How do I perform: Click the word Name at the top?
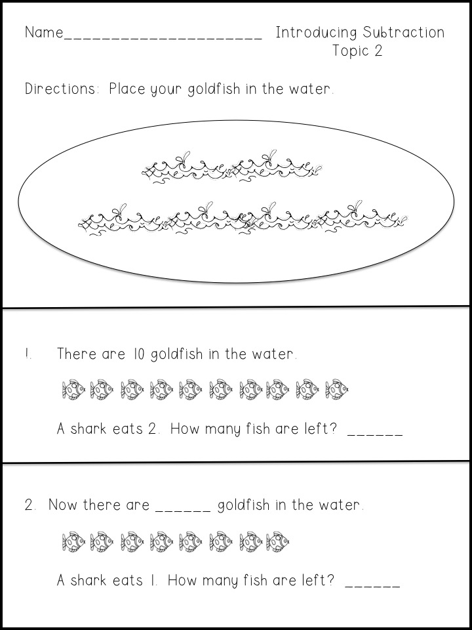44,32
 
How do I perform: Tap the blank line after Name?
163,39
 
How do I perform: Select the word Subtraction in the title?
404,32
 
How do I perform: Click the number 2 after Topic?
378,51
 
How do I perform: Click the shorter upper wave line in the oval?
232,168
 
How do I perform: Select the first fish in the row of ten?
73,390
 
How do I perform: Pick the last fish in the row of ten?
336,390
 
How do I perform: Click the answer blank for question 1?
375,434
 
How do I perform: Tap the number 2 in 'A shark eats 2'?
151,429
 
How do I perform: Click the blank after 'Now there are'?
183,511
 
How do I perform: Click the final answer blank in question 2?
372,586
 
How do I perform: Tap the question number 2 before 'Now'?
29,505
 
